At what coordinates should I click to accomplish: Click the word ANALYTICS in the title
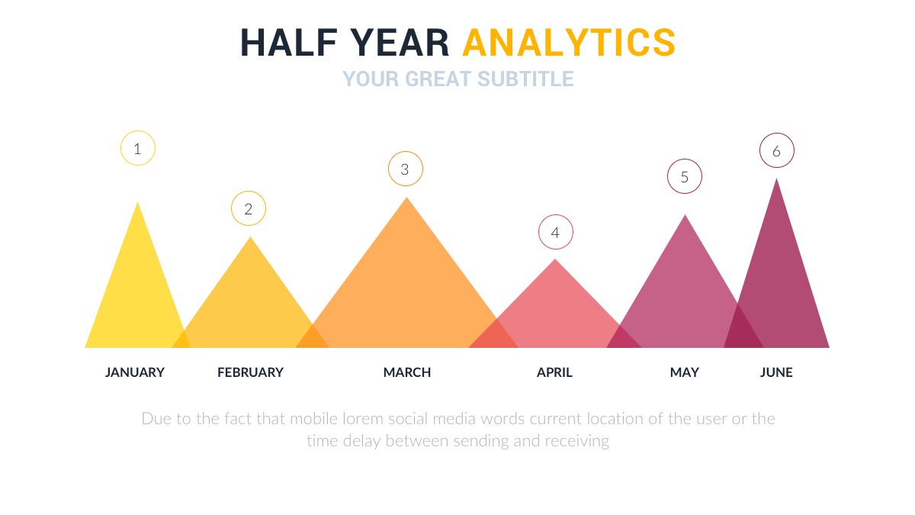[569, 43]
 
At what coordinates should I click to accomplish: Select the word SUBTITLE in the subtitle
[525, 79]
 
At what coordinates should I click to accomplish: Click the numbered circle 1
[138, 149]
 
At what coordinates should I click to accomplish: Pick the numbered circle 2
[249, 208]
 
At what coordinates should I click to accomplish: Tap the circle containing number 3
[405, 169]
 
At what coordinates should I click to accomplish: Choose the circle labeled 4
[555, 233]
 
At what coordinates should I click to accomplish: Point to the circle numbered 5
[684, 177]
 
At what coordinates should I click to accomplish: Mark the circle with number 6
[776, 151]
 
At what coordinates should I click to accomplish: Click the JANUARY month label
[135, 372]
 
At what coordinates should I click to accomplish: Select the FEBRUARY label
[250, 372]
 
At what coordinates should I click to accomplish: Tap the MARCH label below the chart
[407, 372]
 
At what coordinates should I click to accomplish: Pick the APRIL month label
[554, 372]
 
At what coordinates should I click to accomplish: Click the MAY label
[684, 372]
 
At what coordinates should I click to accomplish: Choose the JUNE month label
[776, 372]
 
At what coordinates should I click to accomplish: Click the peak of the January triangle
[138, 204]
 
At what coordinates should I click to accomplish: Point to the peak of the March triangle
[406, 199]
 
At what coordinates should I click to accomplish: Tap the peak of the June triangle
[777, 180]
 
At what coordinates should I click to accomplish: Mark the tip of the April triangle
[555, 261]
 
